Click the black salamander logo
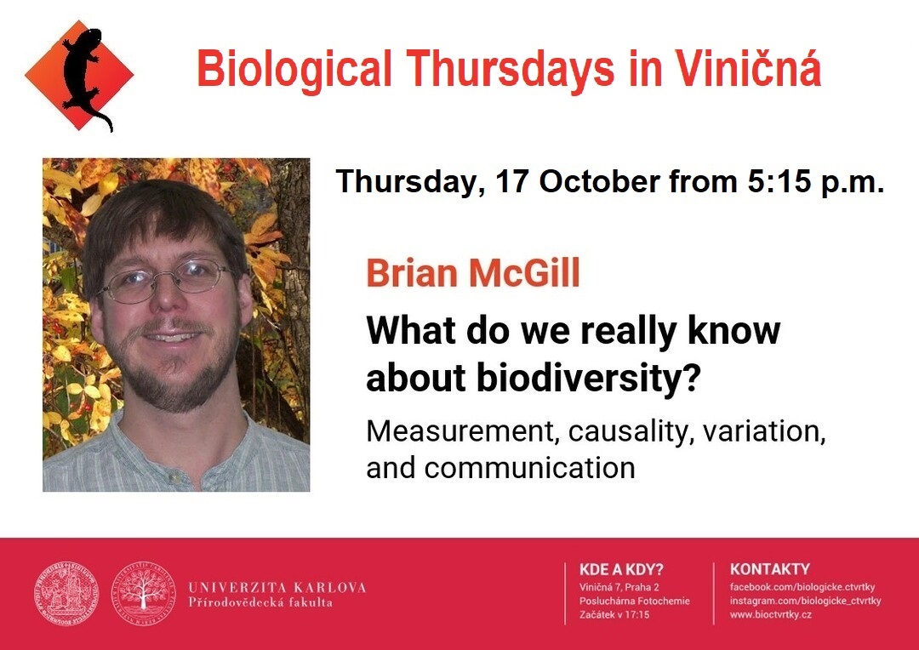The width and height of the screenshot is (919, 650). (86, 77)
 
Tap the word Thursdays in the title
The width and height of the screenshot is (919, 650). (510, 69)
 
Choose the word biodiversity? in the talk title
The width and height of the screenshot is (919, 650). (589, 378)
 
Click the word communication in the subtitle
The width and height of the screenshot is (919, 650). (530, 468)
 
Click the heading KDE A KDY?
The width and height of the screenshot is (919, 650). (621, 569)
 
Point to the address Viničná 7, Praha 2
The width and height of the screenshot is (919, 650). (619, 587)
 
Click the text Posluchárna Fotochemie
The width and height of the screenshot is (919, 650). (634, 601)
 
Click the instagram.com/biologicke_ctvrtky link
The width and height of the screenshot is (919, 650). (805, 601)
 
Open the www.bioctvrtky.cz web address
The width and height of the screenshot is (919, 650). (771, 615)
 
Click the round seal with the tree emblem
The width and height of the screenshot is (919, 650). (143, 594)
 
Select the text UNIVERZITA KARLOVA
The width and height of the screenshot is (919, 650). (277, 587)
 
